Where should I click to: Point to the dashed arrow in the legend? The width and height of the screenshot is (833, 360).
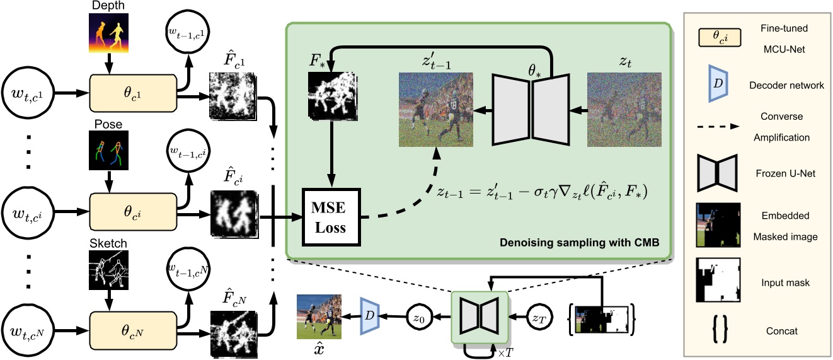717,126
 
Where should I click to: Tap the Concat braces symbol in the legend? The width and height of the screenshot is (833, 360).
717,330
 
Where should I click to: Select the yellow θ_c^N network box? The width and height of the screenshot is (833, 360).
134,330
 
